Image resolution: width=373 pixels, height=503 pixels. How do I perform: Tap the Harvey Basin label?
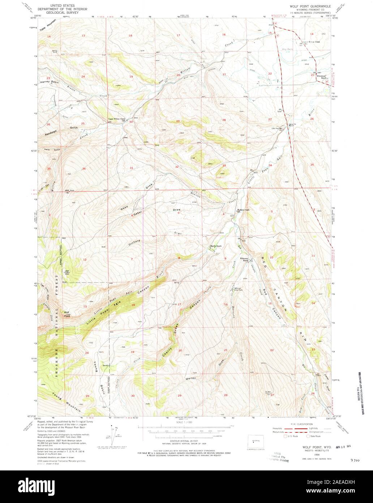[50, 82]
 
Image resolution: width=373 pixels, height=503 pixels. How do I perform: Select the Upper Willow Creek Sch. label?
[116, 119]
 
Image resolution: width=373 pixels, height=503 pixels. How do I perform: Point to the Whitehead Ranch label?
[322, 77]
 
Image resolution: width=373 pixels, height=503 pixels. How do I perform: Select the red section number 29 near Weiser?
[179, 396]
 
